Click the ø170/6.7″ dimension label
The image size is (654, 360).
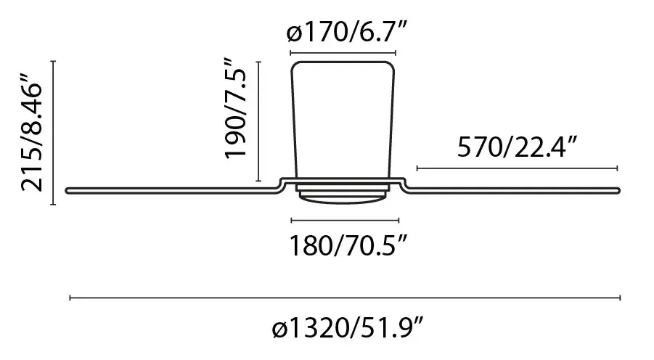pyautogui.click(x=347, y=32)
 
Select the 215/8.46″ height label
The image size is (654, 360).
pyautogui.click(x=32, y=133)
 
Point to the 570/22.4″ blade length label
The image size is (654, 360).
pyautogui.click(x=518, y=147)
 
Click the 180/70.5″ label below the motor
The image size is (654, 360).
pyautogui.click(x=348, y=245)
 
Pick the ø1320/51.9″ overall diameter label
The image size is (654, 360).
pyautogui.click(x=348, y=329)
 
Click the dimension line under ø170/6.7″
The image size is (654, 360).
pyautogui.click(x=343, y=53)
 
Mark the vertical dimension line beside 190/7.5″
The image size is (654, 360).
pyautogui.click(x=258, y=121)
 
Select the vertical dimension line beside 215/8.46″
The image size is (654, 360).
pyautogui.click(x=53, y=133)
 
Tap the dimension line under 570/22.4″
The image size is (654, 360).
pyautogui.click(x=518, y=168)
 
